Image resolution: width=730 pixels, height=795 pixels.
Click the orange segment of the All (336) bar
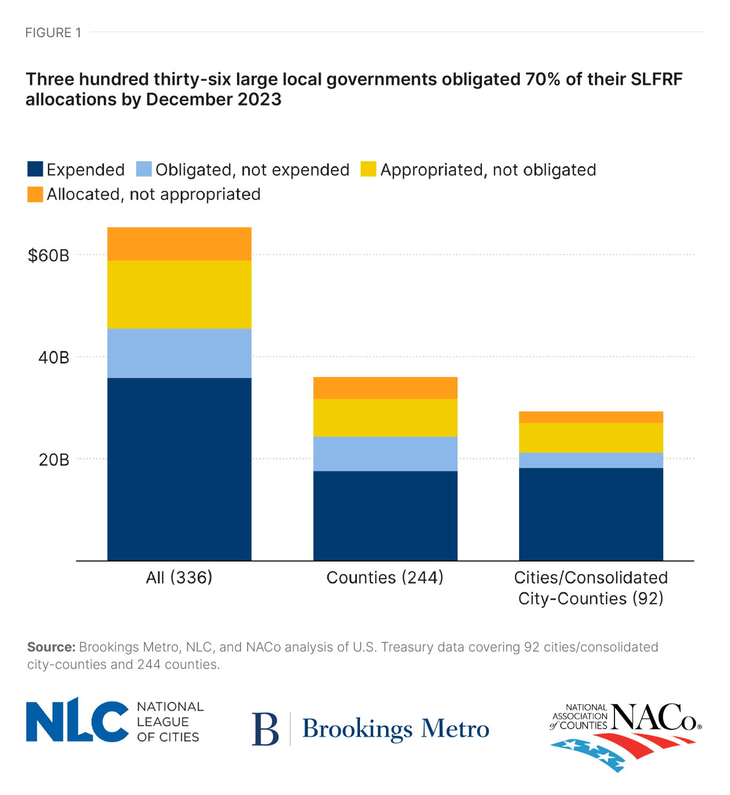[179, 244]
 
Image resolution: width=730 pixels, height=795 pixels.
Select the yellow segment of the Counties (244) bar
[385, 417]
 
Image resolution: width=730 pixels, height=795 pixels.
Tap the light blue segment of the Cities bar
[591, 460]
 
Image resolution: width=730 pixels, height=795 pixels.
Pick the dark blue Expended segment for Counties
[385, 516]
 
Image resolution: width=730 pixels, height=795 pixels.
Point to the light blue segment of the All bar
[179, 353]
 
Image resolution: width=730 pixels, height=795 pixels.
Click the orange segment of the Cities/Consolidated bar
[591, 417]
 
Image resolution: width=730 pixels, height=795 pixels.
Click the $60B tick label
[48, 256]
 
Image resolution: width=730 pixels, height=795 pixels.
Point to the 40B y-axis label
[54, 357]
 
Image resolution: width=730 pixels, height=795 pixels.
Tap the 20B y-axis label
[54, 460]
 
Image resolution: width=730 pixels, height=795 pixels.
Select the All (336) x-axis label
[179, 578]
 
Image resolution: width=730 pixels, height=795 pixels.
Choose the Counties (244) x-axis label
[385, 578]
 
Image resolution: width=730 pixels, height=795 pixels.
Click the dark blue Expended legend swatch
[35, 169]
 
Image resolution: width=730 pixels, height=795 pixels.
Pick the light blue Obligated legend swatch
[144, 169]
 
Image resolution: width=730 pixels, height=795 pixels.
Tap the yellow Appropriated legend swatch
[368, 169]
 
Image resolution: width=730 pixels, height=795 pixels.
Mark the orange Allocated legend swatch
[35, 194]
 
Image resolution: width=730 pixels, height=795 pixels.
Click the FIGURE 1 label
[53, 33]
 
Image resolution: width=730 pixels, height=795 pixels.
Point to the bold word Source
[51, 647]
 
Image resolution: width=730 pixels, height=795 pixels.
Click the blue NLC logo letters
[77, 720]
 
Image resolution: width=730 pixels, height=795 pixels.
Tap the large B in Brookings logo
[265, 729]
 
